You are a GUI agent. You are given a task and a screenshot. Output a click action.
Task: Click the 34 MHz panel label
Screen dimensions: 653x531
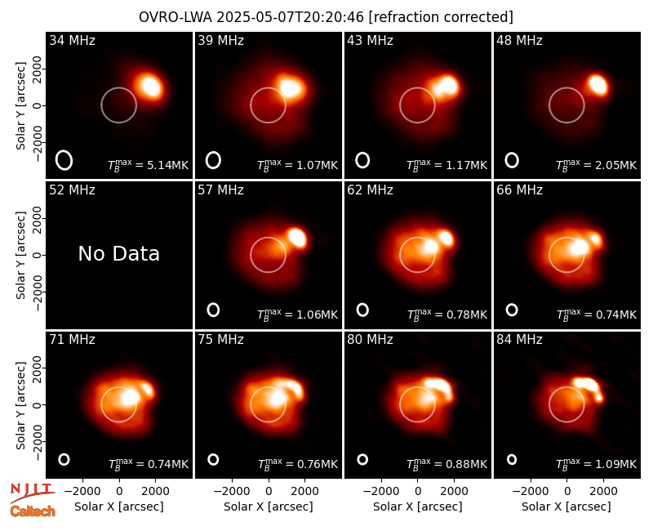click(72, 40)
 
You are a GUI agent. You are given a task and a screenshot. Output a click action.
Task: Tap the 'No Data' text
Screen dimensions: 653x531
click(119, 253)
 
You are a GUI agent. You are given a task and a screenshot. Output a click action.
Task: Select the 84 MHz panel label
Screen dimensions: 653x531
click(519, 340)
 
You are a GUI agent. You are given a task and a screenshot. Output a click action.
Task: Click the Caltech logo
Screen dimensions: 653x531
click(33, 511)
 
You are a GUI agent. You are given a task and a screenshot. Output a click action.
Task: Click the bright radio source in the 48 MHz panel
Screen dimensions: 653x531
click(598, 85)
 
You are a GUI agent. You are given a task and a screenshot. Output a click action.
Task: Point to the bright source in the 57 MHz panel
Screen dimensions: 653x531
click(297, 237)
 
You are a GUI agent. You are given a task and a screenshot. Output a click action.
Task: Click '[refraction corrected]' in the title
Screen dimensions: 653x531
click(441, 17)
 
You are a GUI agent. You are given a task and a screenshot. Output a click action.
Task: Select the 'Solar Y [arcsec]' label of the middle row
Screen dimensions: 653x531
click(20, 255)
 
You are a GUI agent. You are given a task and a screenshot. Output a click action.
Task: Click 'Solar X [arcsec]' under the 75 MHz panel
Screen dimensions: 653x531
click(269, 506)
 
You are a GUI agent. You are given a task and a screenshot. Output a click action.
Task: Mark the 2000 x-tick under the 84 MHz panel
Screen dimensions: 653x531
click(603, 492)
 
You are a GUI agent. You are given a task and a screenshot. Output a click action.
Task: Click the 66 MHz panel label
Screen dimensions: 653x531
click(519, 190)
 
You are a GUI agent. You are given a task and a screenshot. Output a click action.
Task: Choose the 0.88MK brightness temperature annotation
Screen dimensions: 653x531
click(446, 464)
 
